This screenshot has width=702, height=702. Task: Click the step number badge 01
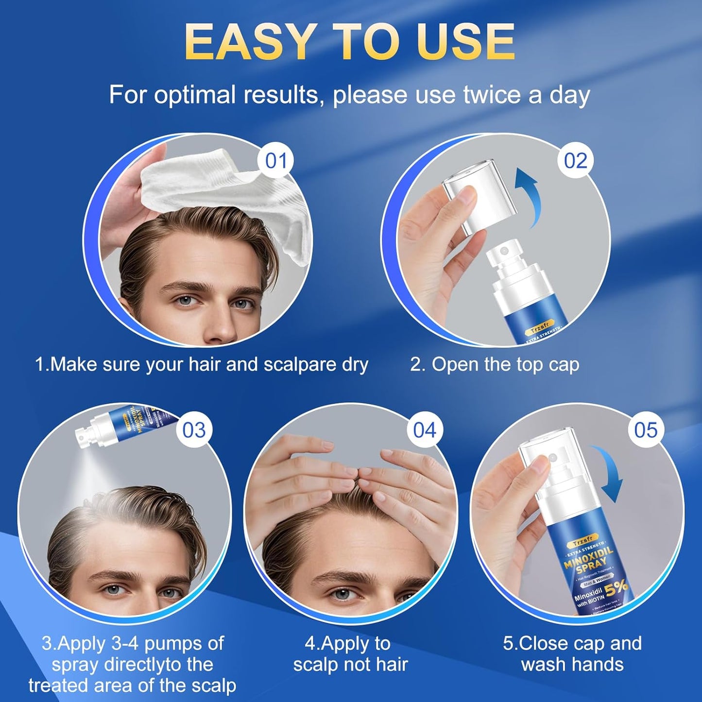point(276,160)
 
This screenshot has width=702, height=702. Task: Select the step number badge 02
point(575,160)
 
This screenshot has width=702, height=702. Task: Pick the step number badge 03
point(194,430)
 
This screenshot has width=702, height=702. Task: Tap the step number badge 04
point(425,430)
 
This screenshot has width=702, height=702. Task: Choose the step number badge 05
point(646,430)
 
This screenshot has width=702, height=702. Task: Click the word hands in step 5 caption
point(600,664)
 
